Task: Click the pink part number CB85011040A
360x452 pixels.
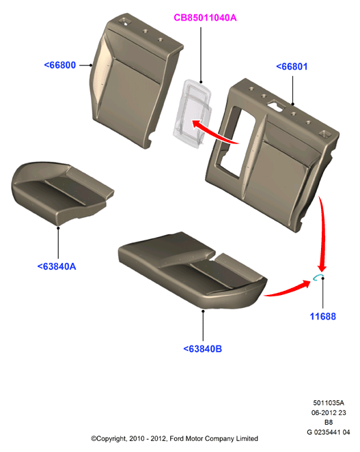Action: (205, 18)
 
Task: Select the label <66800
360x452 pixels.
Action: (59, 65)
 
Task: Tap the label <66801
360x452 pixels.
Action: (292, 67)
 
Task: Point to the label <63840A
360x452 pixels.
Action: (57, 266)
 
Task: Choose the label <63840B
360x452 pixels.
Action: (203, 349)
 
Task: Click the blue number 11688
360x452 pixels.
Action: (323, 317)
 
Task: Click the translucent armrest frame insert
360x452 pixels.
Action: (193, 113)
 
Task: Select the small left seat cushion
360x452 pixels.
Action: (62, 193)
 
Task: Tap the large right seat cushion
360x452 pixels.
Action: (193, 270)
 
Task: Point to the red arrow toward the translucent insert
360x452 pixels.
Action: (215, 132)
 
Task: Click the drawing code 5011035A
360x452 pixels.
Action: (329, 403)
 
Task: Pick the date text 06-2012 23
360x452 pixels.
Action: (329, 412)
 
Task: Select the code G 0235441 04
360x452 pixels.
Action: (329, 432)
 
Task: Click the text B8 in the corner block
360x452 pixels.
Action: (329, 423)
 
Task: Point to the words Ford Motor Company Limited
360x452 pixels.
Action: (214, 439)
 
